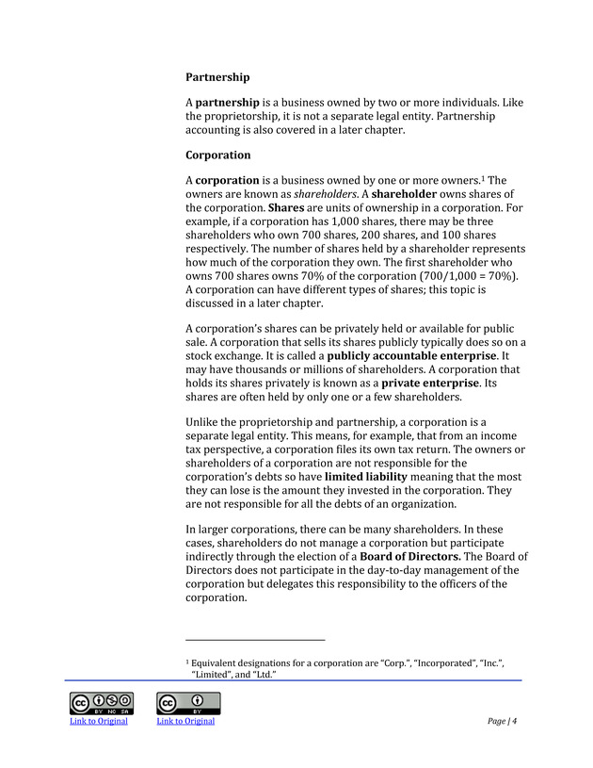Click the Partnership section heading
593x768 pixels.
[217, 76]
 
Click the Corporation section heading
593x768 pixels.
[218, 155]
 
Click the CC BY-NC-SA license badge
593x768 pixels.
[100, 704]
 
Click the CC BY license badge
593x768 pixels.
[188, 704]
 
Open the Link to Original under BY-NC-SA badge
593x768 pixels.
[99, 722]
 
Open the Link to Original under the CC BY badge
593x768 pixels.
[185, 722]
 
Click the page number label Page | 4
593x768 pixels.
[503, 722]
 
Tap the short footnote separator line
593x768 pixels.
[255, 641]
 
